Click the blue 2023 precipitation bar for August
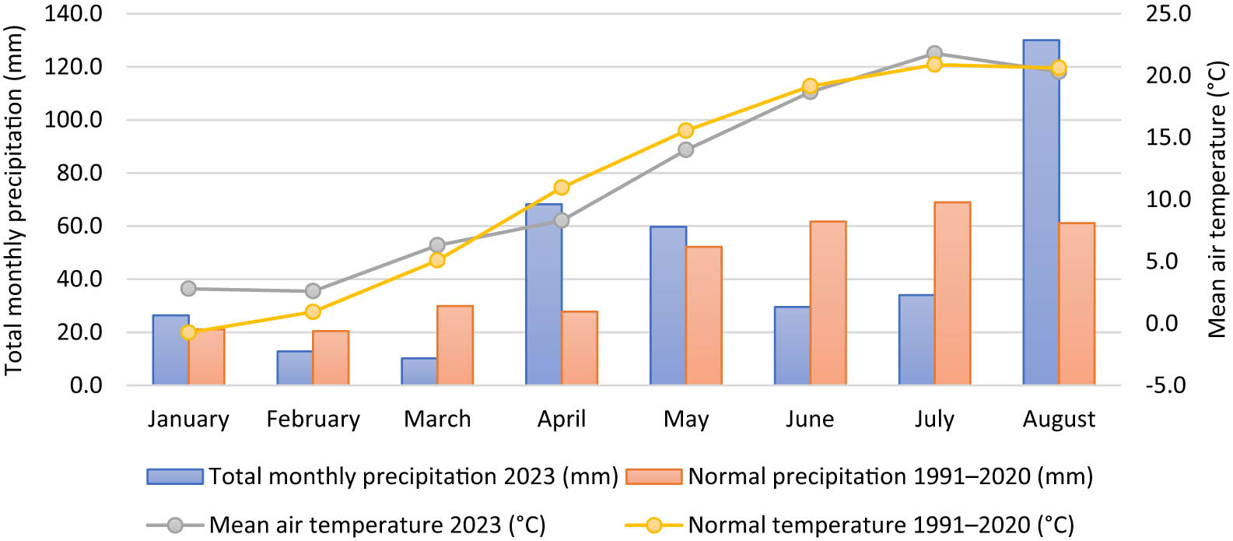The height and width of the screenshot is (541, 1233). click(1041, 218)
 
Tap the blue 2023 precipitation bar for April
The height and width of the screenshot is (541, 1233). click(544, 296)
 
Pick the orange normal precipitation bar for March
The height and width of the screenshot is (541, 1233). click(455, 346)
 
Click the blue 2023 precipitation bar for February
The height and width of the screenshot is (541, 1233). click(295, 368)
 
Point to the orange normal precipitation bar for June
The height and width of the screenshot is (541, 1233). click(828, 304)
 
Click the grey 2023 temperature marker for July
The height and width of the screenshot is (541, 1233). click(934, 54)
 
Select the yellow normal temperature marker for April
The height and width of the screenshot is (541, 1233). click(562, 188)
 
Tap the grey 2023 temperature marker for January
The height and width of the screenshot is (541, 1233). click(188, 289)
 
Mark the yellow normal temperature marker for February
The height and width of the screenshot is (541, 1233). click(313, 311)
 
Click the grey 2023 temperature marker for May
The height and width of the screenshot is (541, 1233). click(685, 149)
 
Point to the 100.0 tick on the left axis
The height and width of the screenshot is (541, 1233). click(73, 120)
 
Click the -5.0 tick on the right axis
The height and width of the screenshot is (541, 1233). click(1165, 385)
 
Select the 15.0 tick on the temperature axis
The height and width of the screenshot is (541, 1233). click(1168, 137)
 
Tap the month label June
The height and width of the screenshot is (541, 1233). click(809, 420)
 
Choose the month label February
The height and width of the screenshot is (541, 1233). click(313, 420)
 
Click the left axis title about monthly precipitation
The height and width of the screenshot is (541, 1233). click(14, 200)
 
